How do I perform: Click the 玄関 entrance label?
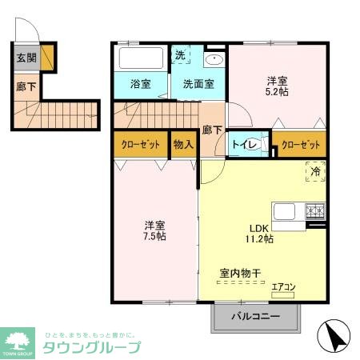pos(26,58)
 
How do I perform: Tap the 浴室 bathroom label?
pos(141,83)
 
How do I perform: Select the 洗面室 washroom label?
pos(198,83)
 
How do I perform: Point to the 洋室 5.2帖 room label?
pos(278,86)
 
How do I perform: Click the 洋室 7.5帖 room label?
pos(154,230)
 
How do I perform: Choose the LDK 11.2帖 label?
pos(258,232)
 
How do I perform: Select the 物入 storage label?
pos(183,144)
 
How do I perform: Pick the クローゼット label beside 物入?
pos(141,144)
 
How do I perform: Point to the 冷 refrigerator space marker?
pos(315,171)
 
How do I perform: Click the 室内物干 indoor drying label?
pos(241,274)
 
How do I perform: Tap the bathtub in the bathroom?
pos(141,58)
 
